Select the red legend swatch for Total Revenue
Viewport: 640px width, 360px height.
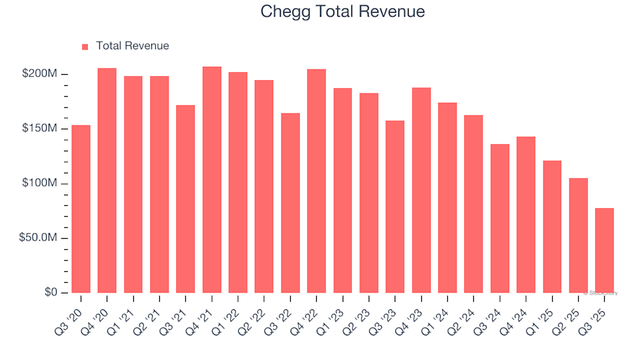point(85,47)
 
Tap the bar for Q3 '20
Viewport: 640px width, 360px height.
point(81,209)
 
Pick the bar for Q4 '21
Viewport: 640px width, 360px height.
point(212,180)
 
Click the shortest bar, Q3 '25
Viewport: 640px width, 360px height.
point(605,251)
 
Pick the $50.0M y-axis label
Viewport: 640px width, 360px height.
point(37,238)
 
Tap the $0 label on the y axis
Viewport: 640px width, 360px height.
point(49,293)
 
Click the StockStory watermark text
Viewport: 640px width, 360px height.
point(601,293)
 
